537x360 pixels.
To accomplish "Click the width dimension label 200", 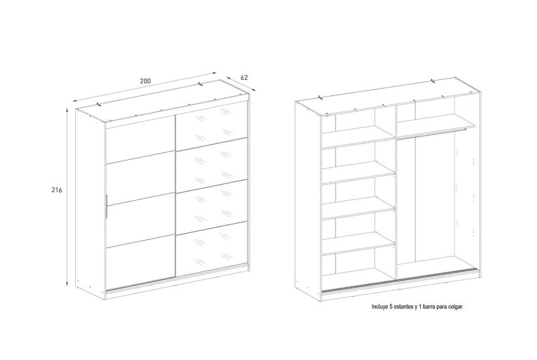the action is [145, 81].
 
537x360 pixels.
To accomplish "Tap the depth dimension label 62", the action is [244, 77].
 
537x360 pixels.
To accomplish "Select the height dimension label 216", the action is [57, 190].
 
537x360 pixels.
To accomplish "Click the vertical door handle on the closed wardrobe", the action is [107, 206].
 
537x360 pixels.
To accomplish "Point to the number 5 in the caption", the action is [391, 307].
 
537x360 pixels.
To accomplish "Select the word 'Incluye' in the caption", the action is [380, 307].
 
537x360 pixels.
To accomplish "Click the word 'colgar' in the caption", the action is [456, 307].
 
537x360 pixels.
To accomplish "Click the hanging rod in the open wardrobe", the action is [432, 133].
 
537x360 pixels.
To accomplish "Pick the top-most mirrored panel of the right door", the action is [211, 125].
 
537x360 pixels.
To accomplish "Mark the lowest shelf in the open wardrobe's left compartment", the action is [358, 244].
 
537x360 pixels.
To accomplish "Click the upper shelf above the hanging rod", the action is [436, 126].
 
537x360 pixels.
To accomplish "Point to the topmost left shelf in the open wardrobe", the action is [358, 136].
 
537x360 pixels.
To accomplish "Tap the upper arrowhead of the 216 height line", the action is [67, 110].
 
